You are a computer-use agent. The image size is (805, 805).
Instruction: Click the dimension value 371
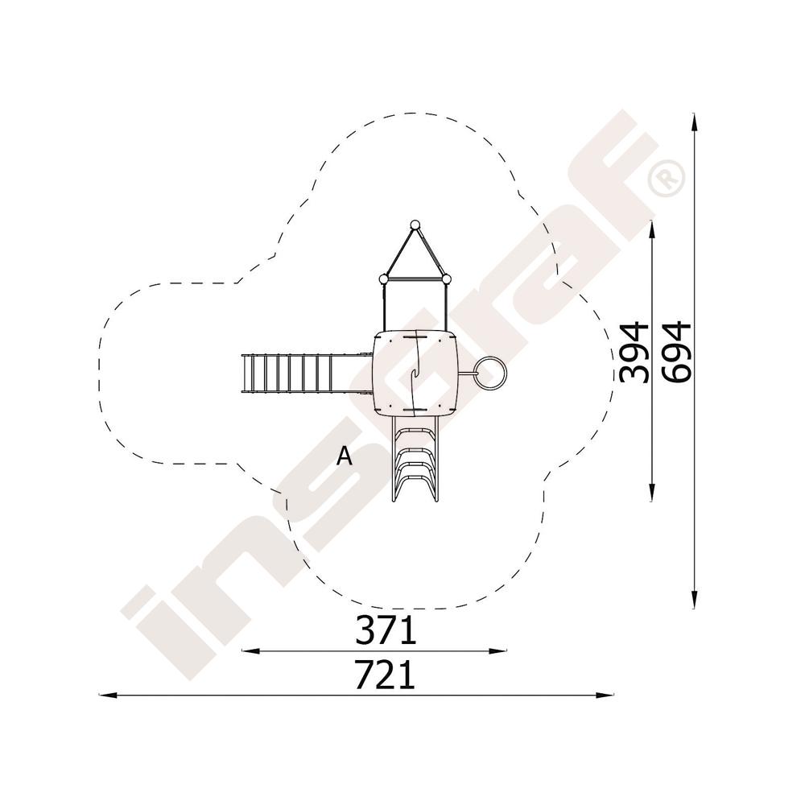[x=385, y=630]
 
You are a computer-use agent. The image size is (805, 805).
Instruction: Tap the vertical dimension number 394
[x=634, y=353]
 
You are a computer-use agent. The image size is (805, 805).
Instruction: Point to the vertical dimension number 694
[x=676, y=353]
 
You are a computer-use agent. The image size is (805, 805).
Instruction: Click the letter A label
[x=345, y=456]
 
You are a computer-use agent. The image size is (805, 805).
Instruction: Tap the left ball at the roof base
[x=383, y=279]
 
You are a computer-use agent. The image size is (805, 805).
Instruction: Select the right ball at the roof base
[x=447, y=279]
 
